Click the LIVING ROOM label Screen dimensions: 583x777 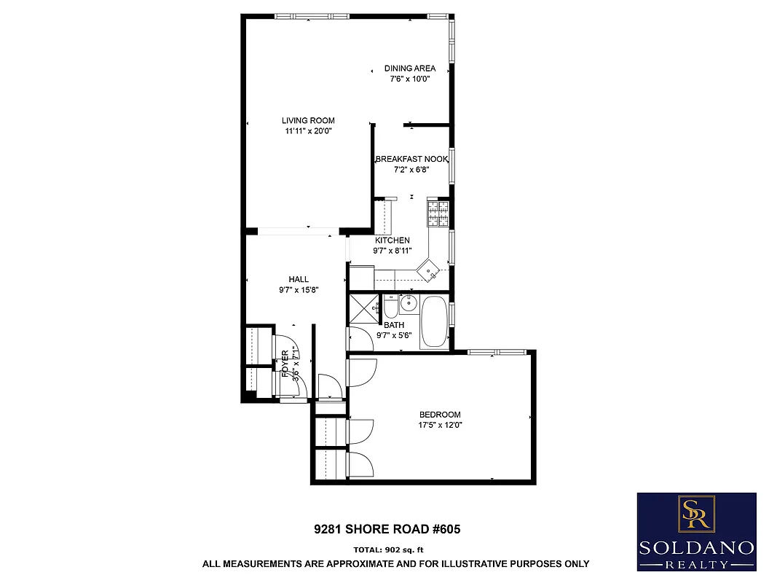(308, 121)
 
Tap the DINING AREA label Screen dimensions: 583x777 (410, 69)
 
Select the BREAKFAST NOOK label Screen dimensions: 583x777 (411, 159)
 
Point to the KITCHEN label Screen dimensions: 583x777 (392, 240)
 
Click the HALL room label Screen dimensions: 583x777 (299, 279)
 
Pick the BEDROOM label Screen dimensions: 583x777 (440, 415)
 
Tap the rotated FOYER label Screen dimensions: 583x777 (285, 364)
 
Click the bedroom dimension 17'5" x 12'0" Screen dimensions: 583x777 (440, 425)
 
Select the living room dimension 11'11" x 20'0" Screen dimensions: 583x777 (308, 131)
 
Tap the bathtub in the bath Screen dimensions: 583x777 (435, 321)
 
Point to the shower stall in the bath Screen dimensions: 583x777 (364, 310)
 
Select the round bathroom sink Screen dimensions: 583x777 (408, 301)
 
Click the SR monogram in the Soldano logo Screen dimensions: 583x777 (696, 514)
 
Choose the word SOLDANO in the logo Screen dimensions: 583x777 (696, 548)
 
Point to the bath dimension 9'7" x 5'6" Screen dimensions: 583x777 (394, 335)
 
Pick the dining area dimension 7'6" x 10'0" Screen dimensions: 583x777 (410, 79)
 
